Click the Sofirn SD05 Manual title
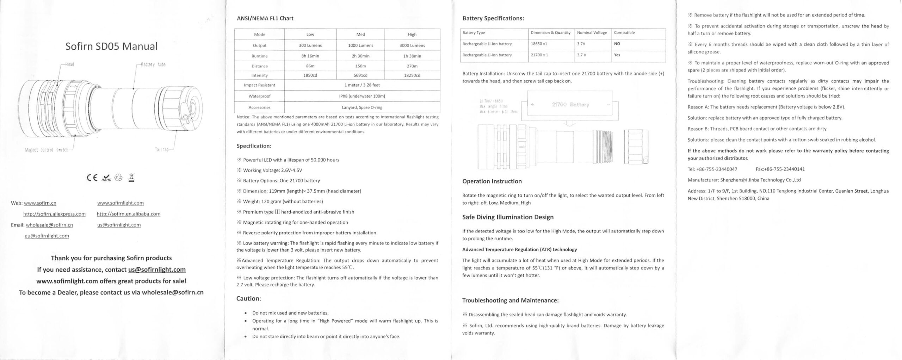pos(111,46)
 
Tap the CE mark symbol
pos(92,178)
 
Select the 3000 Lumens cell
pos(412,45)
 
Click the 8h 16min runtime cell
pos(310,56)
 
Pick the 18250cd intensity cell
pos(412,75)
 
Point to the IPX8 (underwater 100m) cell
pos(362,96)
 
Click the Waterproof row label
pos(259,96)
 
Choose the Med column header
pos(360,35)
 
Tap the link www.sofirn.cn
pos(40,203)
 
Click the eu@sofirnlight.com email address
pos(47,236)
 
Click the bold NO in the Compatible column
pos(617,44)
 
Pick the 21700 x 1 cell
pos(539,55)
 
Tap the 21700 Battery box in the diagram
pos(570,105)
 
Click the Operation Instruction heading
pos(492,181)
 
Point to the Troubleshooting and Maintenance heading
pos(510,300)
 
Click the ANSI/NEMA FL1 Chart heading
pos(265,18)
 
